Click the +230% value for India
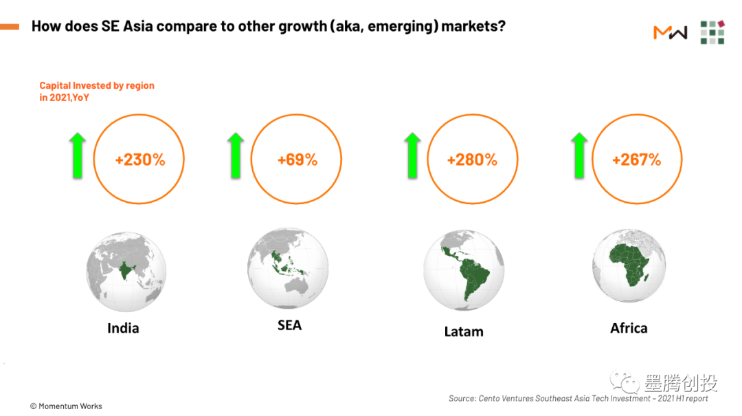[x=140, y=160]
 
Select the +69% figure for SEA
[x=297, y=160]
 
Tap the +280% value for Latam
[x=472, y=160]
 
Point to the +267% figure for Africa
[x=636, y=160]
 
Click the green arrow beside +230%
[x=77, y=155]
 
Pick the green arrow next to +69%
[x=236, y=155]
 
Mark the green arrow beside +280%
[x=412, y=155]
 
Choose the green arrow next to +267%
[x=580, y=155]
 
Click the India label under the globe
[x=123, y=328]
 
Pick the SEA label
[x=289, y=325]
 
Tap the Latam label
[x=464, y=331]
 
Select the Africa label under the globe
[x=629, y=328]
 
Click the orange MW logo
[x=670, y=32]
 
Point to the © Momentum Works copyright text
[x=66, y=406]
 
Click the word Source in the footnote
[x=462, y=399]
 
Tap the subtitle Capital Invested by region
[x=97, y=86]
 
